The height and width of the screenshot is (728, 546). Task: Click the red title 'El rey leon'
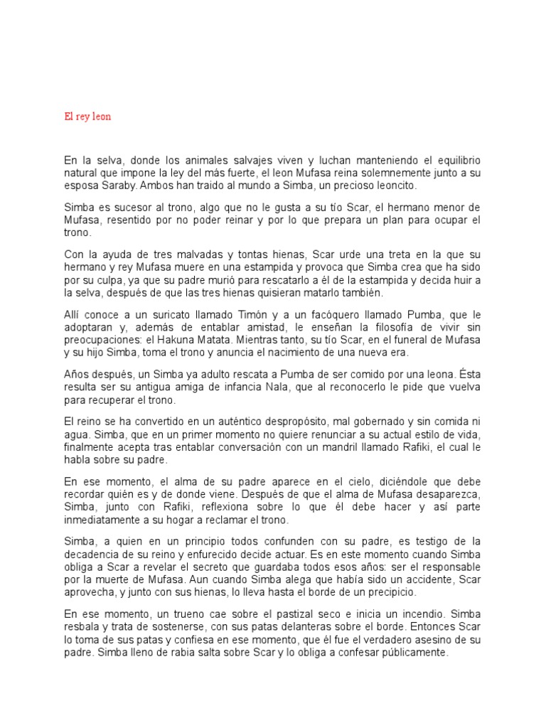point(87,117)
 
